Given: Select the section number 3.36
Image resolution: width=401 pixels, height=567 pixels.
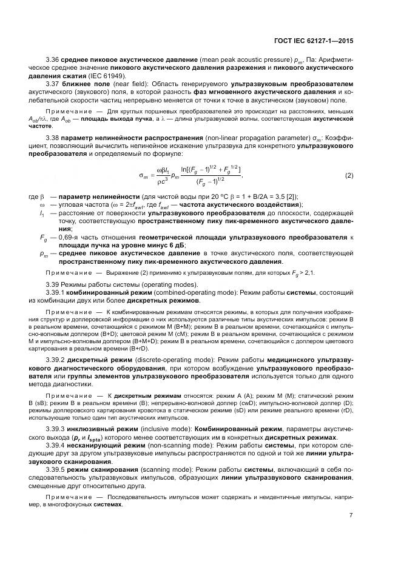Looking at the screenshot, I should pyautogui.click(x=53, y=59).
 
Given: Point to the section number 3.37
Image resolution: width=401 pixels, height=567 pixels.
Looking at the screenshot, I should pyautogui.click(x=53, y=83).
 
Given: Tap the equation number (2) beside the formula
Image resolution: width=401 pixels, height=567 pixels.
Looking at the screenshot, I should pyautogui.click(x=349, y=175).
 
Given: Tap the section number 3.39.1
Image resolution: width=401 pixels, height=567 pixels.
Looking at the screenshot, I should pyautogui.click(x=56, y=292).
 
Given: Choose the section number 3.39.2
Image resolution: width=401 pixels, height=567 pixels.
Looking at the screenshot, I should pyautogui.click(x=56, y=360).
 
